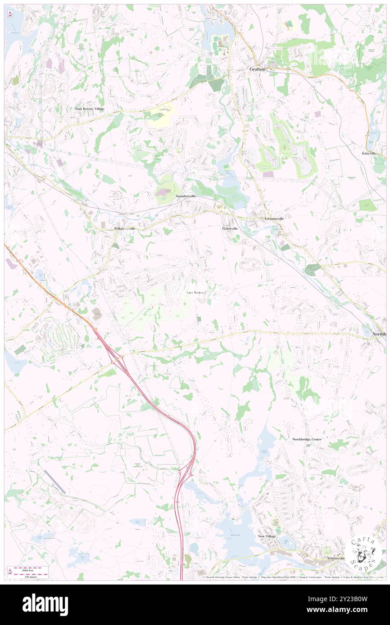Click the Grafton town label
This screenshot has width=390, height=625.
coord(258,70)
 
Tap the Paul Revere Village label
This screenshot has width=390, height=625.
coord(90,109)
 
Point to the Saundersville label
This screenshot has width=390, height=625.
coord(189,196)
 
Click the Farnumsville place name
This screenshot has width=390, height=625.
coord(274,219)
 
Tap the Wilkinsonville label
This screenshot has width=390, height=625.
coord(125,229)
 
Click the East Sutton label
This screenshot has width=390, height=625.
coord(196,293)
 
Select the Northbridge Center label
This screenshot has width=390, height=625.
coord(307,439)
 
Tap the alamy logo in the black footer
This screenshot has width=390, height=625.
coord(45,604)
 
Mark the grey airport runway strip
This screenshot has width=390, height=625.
coord(55,482)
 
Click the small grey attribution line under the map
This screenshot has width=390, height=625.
coord(293,577)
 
